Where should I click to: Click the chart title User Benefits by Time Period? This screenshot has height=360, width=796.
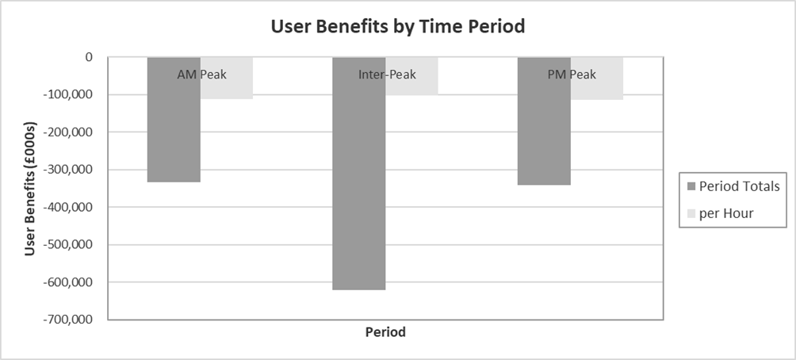(398, 26)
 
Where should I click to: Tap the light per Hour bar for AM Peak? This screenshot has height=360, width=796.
(227, 89)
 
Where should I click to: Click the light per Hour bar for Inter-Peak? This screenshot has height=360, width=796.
(411, 87)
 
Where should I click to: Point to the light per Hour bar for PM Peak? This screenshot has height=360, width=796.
(597, 90)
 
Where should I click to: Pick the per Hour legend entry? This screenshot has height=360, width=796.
(726, 213)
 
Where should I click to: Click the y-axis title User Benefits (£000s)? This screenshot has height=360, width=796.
(30, 188)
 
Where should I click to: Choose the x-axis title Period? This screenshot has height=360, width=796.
(385, 332)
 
